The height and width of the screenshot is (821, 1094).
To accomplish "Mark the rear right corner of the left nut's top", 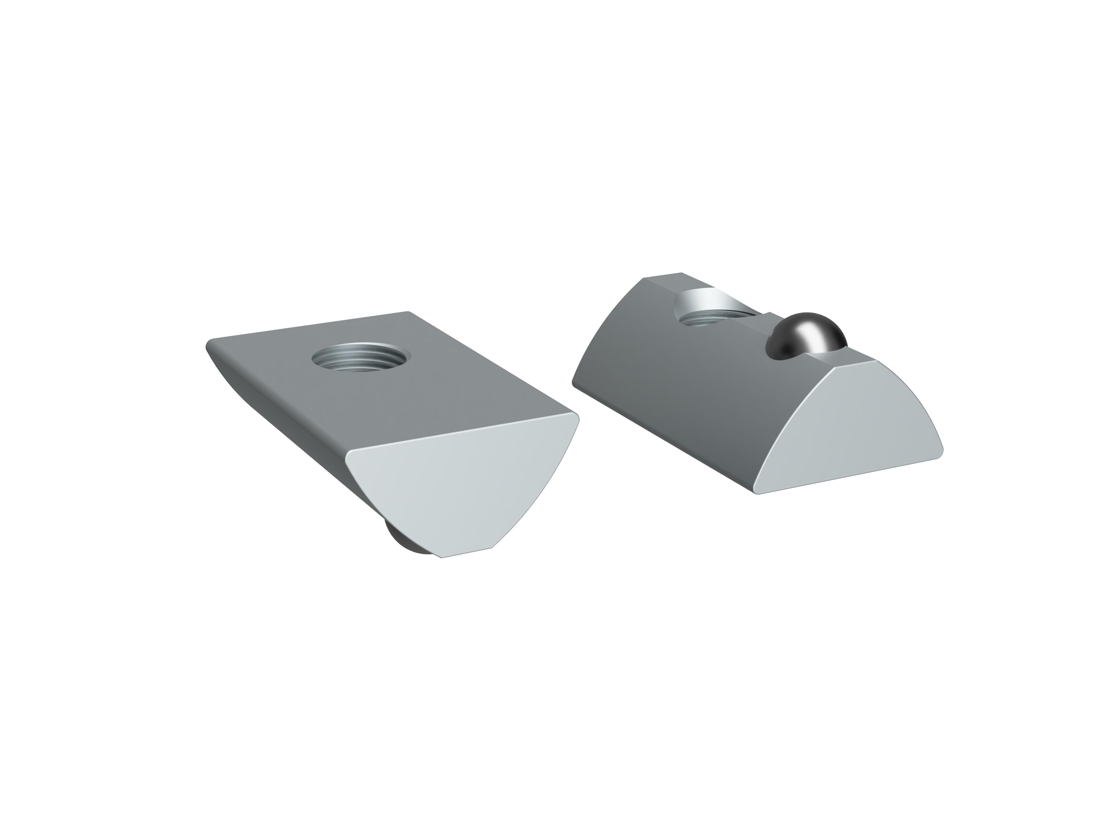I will [408, 312].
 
